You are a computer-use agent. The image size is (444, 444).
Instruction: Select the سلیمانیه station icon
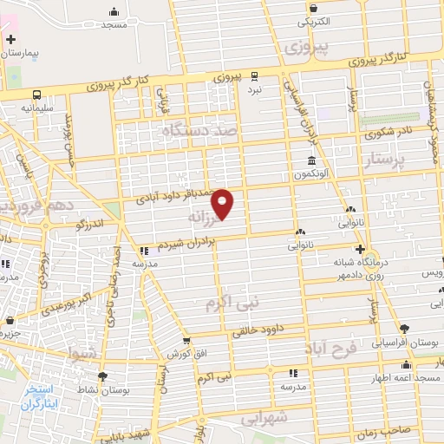(37, 95)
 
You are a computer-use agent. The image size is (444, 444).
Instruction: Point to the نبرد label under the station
(254, 89)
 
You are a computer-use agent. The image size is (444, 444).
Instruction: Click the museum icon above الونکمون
(311, 160)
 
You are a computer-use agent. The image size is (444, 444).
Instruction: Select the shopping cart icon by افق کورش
(186, 343)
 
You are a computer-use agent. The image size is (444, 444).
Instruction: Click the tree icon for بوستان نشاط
(103, 375)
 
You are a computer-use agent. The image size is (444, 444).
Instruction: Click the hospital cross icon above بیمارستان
(10, 40)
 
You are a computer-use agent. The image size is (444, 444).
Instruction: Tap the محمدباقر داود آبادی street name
(180, 198)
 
